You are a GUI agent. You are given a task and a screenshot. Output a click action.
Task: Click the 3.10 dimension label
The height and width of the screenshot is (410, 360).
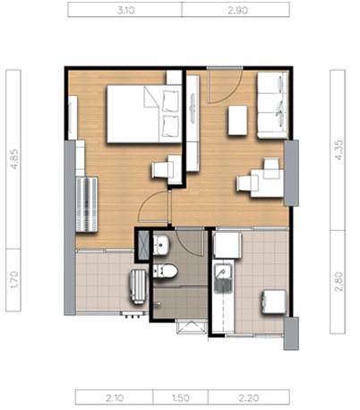[125, 11]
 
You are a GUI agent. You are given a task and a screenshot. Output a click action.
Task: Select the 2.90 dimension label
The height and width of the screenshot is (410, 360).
[237, 11]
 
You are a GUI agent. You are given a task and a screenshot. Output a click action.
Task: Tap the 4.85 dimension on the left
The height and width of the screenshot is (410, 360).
[14, 159]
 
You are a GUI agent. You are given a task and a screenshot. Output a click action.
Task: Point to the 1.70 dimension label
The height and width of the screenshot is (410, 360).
[14, 279]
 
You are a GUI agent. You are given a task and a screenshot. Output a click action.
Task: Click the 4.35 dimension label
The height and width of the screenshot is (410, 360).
[339, 149]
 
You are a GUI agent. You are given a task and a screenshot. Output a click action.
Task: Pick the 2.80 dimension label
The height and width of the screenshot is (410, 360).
[339, 281]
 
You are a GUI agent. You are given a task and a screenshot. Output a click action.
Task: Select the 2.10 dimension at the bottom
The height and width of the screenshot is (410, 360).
[115, 397]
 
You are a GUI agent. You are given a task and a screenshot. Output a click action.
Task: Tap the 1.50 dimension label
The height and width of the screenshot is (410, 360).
[181, 397]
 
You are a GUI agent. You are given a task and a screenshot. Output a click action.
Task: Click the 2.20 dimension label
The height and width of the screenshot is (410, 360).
[249, 397]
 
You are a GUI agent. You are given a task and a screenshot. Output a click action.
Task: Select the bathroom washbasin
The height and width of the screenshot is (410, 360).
[161, 245]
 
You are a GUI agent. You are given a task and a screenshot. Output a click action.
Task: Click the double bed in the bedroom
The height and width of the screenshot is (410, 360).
[144, 114]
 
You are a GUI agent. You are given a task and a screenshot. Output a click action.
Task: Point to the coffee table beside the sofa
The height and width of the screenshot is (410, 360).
[237, 120]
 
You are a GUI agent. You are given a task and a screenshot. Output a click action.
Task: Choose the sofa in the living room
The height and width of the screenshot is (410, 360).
[272, 106]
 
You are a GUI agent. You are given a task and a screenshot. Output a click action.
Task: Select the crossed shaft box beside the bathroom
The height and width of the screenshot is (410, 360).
[143, 244]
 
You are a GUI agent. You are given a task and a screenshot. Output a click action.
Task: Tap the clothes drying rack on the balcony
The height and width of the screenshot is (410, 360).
[138, 286]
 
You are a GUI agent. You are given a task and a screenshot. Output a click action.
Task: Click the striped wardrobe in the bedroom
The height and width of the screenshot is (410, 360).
[87, 204]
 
